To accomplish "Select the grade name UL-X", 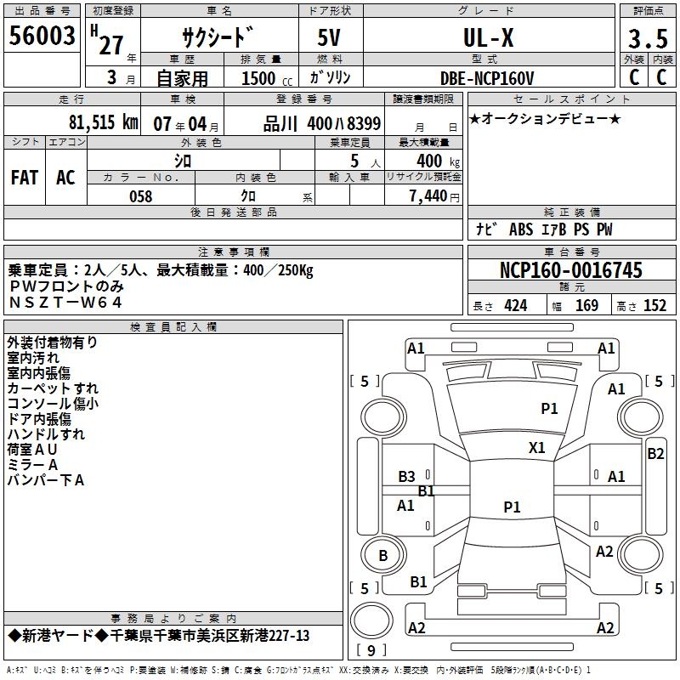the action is click(x=487, y=38).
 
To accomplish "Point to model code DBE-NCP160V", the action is click(x=487, y=78).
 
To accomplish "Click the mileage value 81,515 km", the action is click(x=103, y=122).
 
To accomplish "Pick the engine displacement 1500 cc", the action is click(x=261, y=78).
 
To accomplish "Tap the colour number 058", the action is click(x=140, y=195).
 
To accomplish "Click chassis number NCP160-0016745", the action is click(x=571, y=270).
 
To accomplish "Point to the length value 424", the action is click(x=515, y=306).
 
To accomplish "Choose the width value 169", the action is click(x=587, y=306).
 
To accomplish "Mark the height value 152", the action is click(x=654, y=306).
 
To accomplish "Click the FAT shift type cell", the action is click(x=24, y=177).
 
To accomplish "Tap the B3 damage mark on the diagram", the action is click(x=407, y=477).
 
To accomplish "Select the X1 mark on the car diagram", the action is click(x=537, y=447).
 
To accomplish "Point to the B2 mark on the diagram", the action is click(x=655, y=454).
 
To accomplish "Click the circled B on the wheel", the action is click(x=382, y=556).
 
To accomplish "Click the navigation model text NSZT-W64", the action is click(x=65, y=302).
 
